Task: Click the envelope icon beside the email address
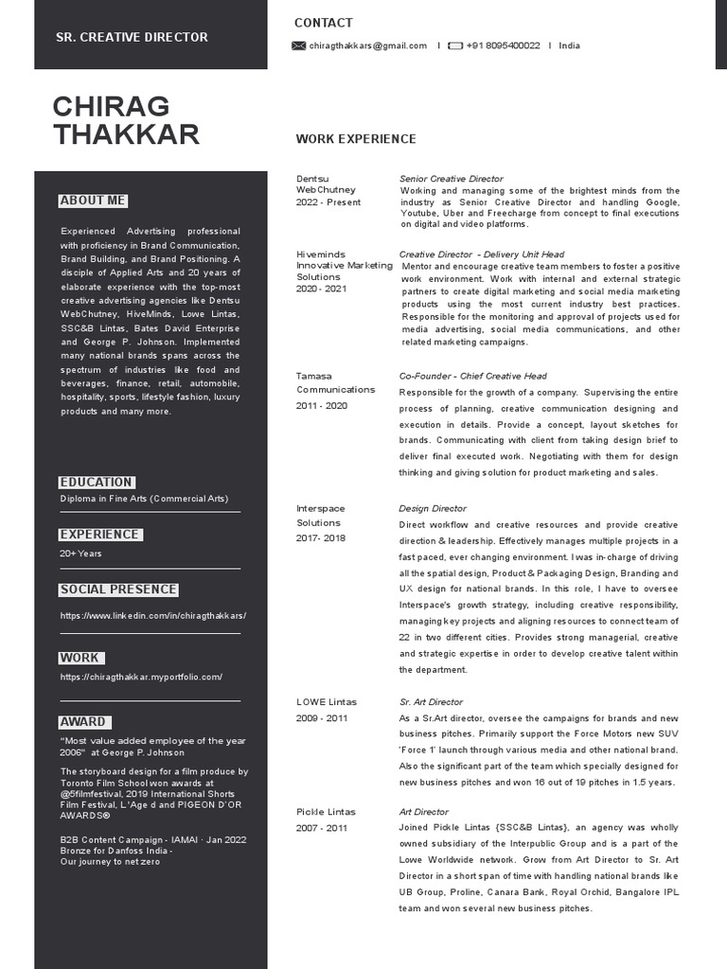[x=299, y=45]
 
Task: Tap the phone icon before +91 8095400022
[x=455, y=45]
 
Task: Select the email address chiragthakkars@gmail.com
[x=367, y=45]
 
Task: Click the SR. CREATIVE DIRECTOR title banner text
[x=132, y=37]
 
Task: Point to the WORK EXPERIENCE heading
[x=355, y=139]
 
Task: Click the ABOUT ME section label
[x=93, y=201]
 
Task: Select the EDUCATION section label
[x=97, y=482]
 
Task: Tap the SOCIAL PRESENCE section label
[x=118, y=590]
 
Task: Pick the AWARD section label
[x=83, y=722]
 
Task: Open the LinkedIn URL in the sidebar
[x=153, y=615]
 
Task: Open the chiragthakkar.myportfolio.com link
[x=141, y=677]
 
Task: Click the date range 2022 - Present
[x=328, y=203]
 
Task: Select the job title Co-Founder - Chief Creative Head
[x=472, y=376]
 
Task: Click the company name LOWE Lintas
[x=327, y=702]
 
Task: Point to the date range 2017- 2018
[x=321, y=537]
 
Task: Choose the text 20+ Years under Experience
[x=80, y=554]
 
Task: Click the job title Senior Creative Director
[x=451, y=178]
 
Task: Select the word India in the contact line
[x=570, y=45]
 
